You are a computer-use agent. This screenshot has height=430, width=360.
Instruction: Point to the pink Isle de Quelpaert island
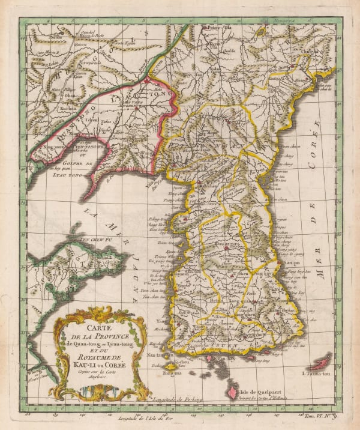click(230, 392)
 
